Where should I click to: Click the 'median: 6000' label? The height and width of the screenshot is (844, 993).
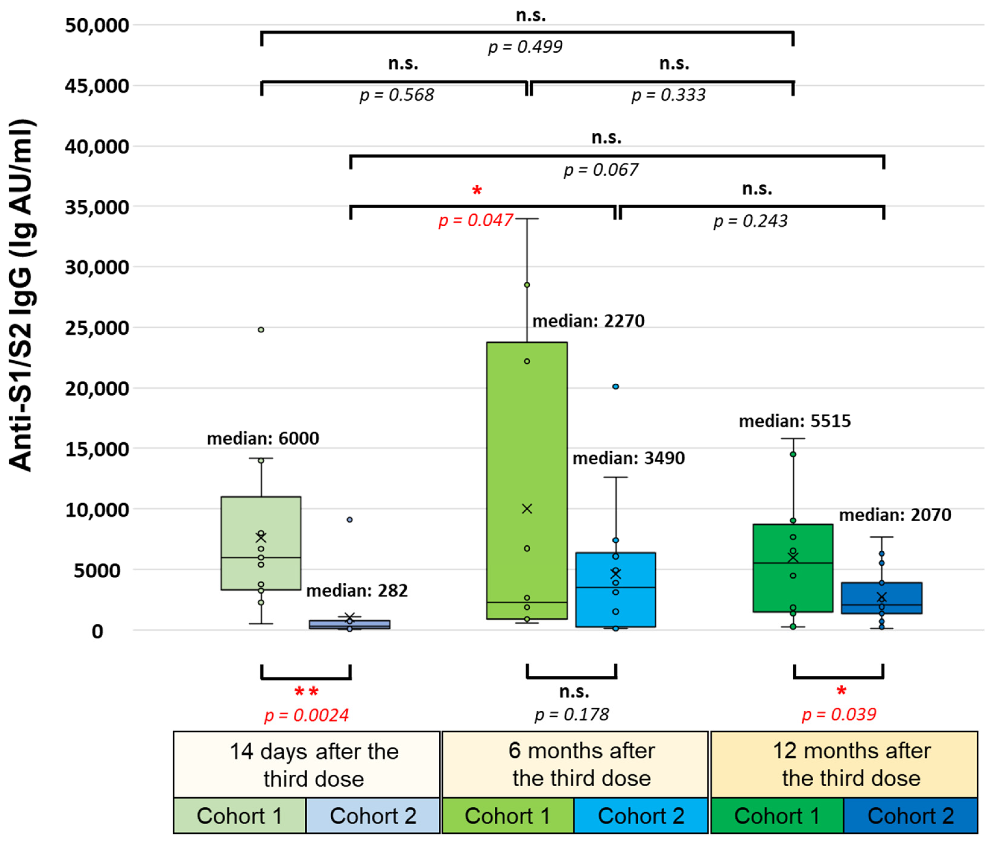pyautogui.click(x=263, y=438)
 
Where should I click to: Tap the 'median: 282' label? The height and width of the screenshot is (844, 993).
pyautogui.click(x=357, y=590)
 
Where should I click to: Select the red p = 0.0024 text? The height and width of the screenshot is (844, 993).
pyautogui.click(x=306, y=715)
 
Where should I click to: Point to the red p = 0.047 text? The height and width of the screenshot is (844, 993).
pyautogui.click(x=476, y=220)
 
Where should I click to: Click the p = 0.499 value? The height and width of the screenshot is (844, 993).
pyautogui.click(x=525, y=47)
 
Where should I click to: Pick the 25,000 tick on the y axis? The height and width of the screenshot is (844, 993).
pyautogui.click(x=97, y=328)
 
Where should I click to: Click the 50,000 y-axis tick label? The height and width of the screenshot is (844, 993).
pyautogui.click(x=97, y=25)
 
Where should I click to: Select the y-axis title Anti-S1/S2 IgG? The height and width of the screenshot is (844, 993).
pyautogui.click(x=21, y=295)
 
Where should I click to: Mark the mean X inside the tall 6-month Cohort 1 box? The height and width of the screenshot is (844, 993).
pyautogui.click(x=527, y=509)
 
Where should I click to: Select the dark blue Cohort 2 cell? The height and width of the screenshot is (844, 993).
pyautogui.click(x=910, y=816)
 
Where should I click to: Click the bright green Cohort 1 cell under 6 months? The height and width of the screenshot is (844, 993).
pyautogui.click(x=508, y=816)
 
